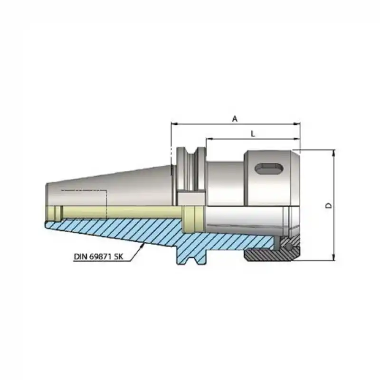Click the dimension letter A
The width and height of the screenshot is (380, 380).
pyautogui.click(x=234, y=119)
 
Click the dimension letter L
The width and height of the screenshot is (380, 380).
pyautogui.click(x=253, y=134)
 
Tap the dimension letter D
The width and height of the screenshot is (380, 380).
pyautogui.click(x=328, y=206)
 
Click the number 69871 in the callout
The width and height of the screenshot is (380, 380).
pyautogui.click(x=104, y=257)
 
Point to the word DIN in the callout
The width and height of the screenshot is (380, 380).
pyautogui.click(x=81, y=257)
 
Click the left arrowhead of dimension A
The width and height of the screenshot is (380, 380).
pyautogui.click(x=174, y=124)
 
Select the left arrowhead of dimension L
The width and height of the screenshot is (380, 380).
pyautogui.click(x=209, y=139)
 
